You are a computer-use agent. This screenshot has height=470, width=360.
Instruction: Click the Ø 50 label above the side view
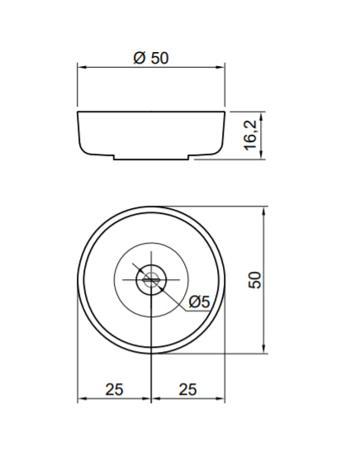point(151,58)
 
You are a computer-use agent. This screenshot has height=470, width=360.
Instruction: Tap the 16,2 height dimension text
point(250,135)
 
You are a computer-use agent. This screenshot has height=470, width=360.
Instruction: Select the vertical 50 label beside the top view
point(255,280)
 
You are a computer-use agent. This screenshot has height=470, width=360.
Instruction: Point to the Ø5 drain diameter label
point(200,301)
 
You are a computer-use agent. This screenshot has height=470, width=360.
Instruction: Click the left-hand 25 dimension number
point(114,389)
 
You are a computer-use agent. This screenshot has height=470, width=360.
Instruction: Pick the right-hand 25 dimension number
point(188,389)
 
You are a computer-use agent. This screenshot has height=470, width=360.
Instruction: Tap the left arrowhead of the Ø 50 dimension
point(82,68)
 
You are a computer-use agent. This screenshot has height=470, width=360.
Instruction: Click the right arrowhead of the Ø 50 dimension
point(220,68)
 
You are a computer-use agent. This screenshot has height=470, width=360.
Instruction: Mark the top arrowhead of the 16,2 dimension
point(262,117)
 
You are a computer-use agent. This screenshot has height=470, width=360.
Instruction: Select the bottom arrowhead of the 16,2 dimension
point(262,154)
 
